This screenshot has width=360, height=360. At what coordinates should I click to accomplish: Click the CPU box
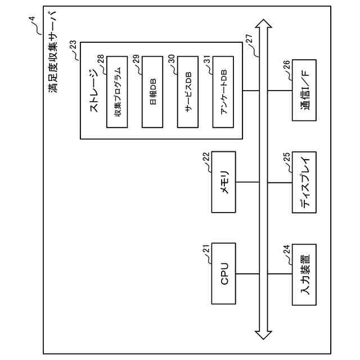pos(224,273)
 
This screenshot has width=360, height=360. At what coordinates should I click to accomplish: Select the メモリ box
pos(224,182)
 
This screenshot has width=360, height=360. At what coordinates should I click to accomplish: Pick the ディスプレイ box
pos(304,182)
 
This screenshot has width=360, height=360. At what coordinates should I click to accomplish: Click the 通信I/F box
pos(304,92)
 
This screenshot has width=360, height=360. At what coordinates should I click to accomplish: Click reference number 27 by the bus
pos(249,39)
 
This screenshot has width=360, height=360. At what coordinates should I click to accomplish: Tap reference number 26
pos(287,65)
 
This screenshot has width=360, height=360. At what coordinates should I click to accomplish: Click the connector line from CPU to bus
pos(247,273)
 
